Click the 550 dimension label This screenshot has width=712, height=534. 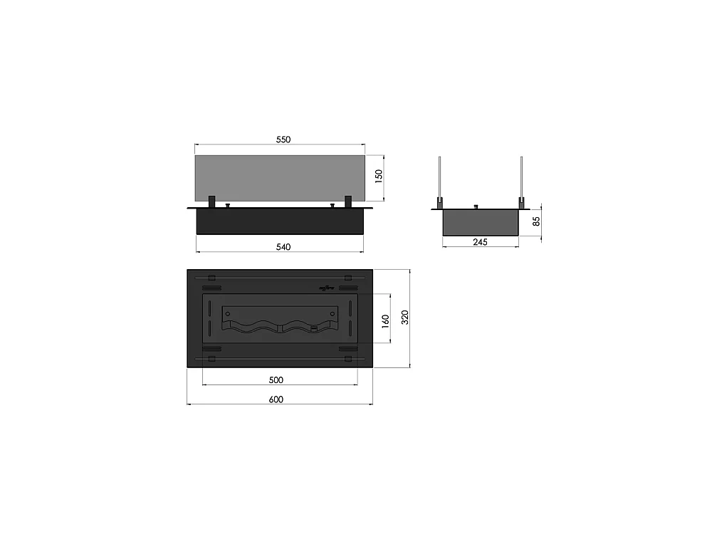pyautogui.click(x=283, y=140)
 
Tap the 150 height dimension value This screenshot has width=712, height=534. pyautogui.click(x=379, y=176)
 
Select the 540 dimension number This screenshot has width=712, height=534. pyautogui.click(x=283, y=247)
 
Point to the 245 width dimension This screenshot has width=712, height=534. pyautogui.click(x=480, y=242)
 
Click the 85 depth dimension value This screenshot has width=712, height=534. pyautogui.click(x=536, y=221)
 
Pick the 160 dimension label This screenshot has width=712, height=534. pyautogui.click(x=385, y=321)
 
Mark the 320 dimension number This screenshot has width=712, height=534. pyautogui.click(x=405, y=317)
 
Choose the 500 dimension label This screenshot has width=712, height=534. pyautogui.click(x=276, y=380)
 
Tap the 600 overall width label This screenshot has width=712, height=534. pyautogui.click(x=276, y=399)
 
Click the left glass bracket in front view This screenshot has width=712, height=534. pyautogui.click(x=211, y=202)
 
